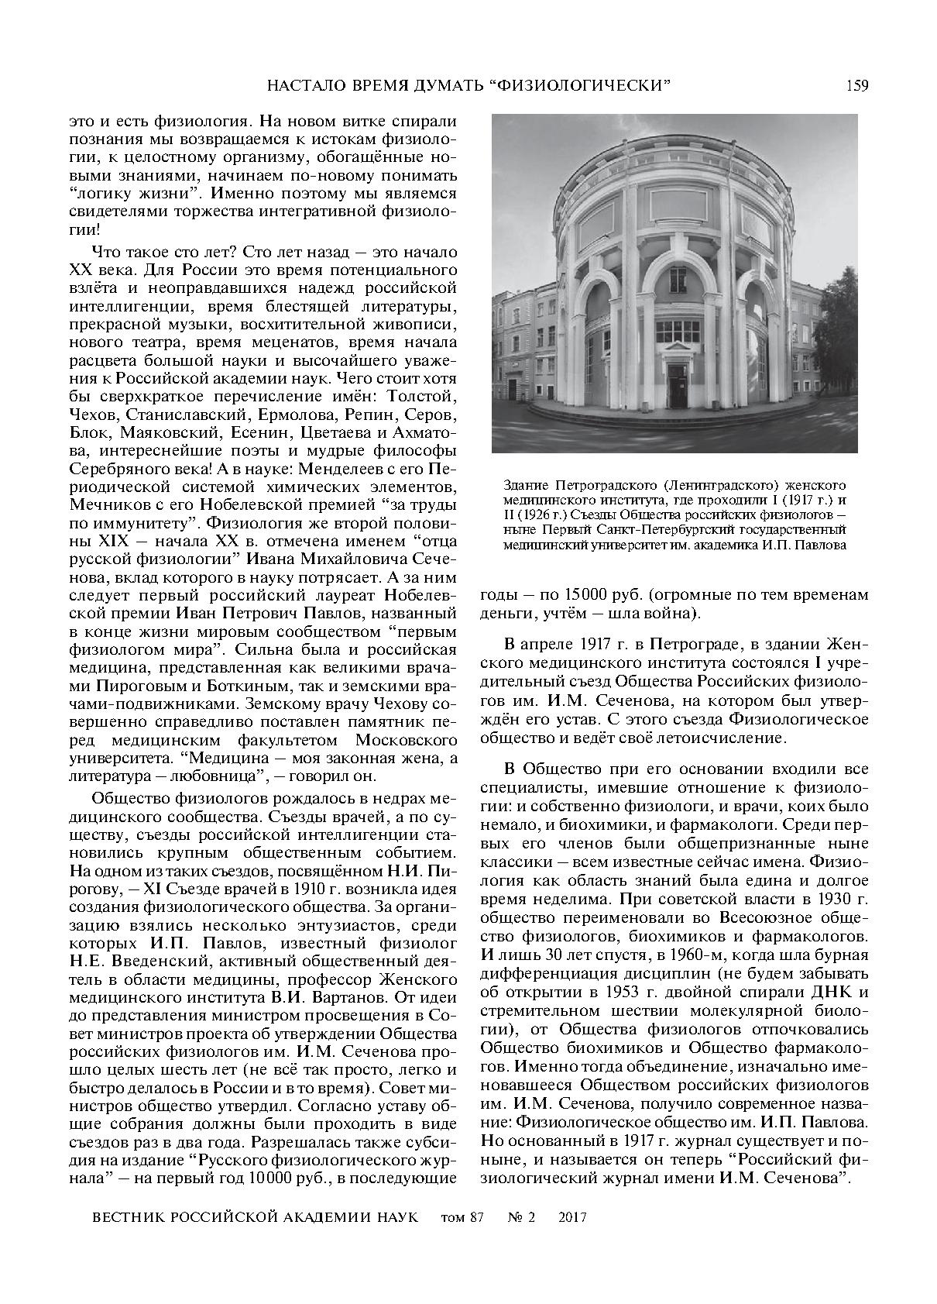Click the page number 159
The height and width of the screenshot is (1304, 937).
pyautogui.click(x=856, y=84)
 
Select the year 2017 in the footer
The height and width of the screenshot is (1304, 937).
pyautogui.click(x=572, y=1217)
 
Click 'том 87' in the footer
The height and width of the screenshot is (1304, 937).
pyautogui.click(x=462, y=1217)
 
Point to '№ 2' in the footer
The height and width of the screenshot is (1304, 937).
pyautogui.click(x=521, y=1217)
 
